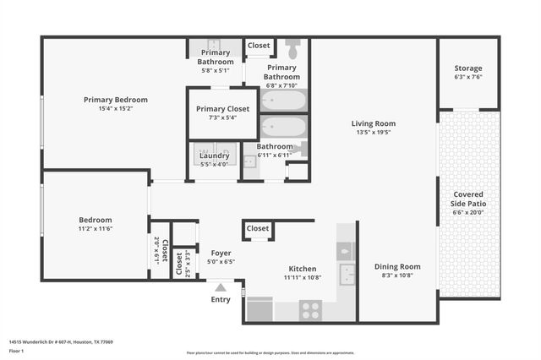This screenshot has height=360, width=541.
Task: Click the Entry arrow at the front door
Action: [221, 287]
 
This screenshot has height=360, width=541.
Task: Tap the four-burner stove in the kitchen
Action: [310, 309]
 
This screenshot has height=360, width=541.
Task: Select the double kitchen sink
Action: [347, 274]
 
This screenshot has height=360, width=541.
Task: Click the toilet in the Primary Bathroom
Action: [292, 49]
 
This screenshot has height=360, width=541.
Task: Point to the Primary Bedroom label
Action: [116, 100]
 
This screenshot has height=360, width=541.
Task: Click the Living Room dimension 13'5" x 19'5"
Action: [374, 133]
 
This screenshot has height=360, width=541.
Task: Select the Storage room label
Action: [467, 68]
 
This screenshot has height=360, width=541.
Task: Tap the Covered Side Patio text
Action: [468, 199]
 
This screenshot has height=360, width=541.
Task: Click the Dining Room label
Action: [397, 267]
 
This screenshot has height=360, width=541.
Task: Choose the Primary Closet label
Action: [222, 109]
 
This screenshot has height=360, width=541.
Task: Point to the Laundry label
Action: [215, 155]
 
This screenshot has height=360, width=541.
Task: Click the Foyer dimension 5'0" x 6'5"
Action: [220, 262]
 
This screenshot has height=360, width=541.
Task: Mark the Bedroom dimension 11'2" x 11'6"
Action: [96, 229]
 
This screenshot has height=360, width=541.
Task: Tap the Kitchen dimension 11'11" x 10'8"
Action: [302, 277]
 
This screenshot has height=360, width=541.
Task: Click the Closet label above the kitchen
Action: [258, 228]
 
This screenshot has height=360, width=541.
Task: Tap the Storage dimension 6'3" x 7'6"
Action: [467, 77]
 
